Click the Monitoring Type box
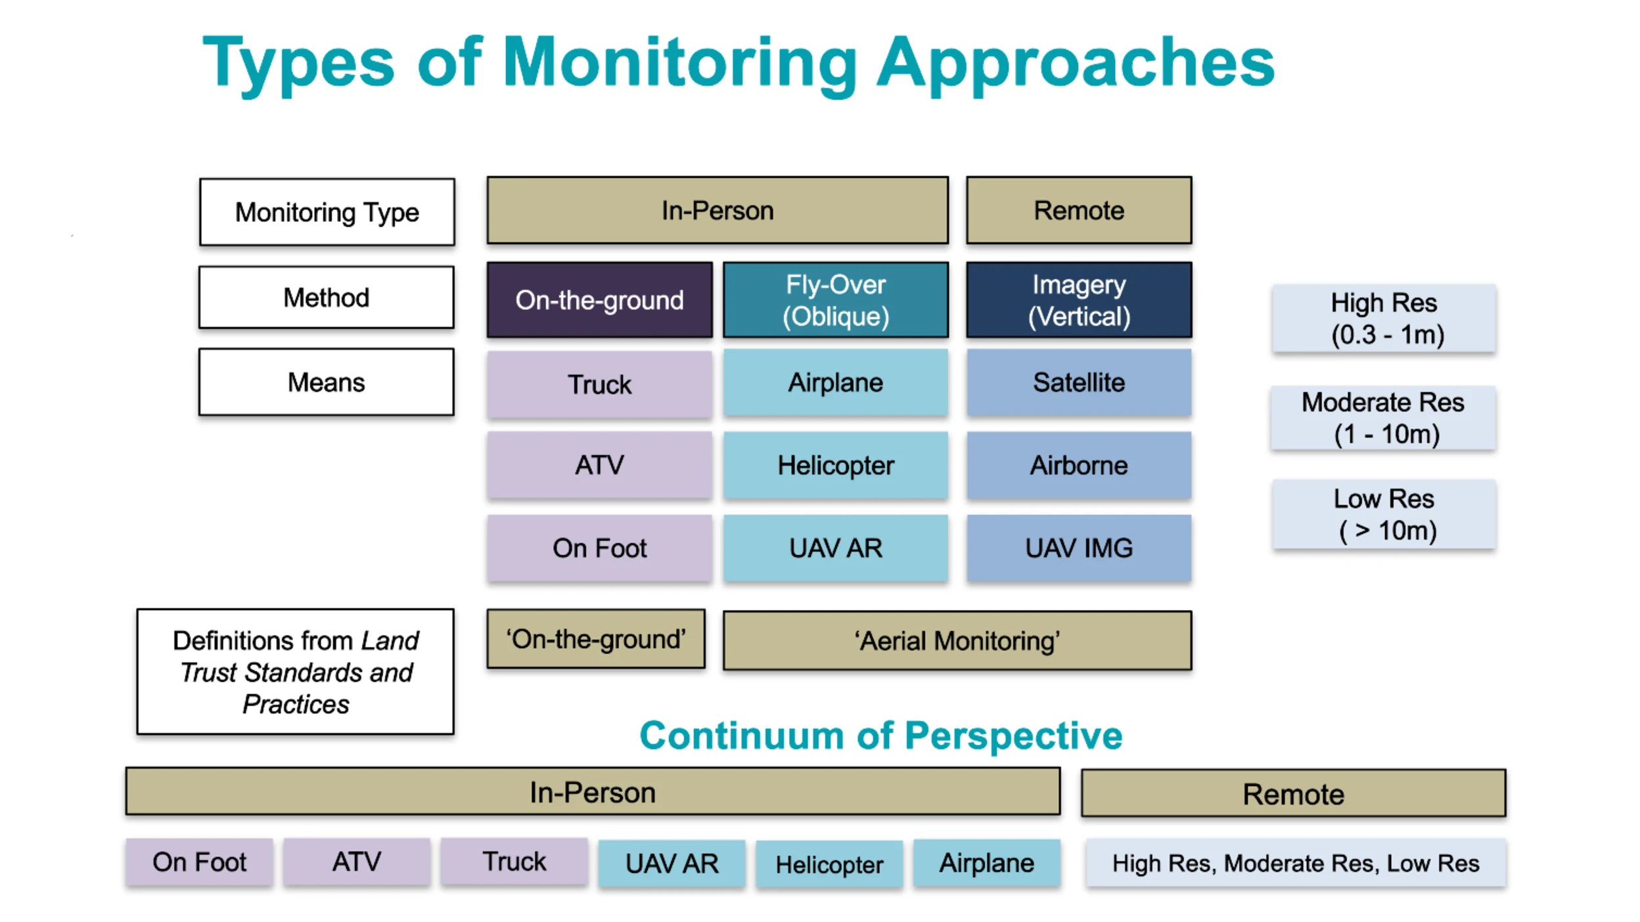[x=327, y=211]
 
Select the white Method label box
[x=326, y=297]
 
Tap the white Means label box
[x=326, y=382]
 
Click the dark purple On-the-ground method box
[x=599, y=299]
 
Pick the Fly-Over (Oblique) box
[x=835, y=299]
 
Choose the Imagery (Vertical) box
[x=1078, y=299]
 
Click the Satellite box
[x=1078, y=382]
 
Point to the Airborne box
[x=1078, y=465]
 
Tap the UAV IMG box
[x=1078, y=548]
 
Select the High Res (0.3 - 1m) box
[x=1383, y=318]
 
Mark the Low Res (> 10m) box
[x=1383, y=514]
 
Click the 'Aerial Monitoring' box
[x=957, y=640]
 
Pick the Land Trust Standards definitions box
[x=295, y=671]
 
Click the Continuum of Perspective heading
[x=880, y=735]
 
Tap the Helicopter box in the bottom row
[x=829, y=864]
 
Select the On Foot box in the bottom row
[x=199, y=862]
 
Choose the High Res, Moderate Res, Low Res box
[x=1295, y=863]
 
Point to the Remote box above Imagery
[x=1078, y=210]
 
